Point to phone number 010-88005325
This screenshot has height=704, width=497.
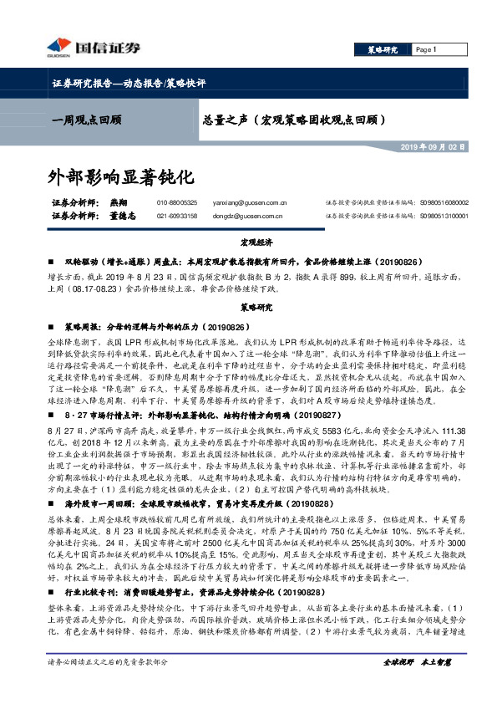tap(176, 202)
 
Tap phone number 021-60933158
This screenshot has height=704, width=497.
tap(176, 216)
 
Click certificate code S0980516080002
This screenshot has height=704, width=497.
tap(445, 202)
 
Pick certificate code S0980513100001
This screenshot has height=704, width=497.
tap(445, 216)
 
